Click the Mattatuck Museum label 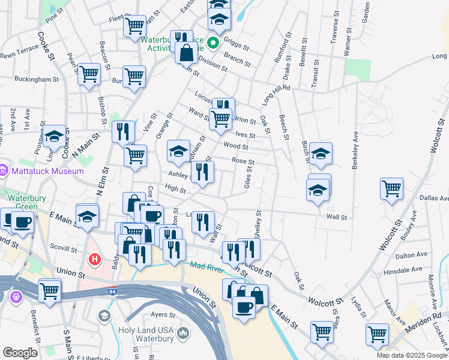(x=47, y=171)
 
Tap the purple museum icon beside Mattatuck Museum (x=4, y=171)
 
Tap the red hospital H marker (x=94, y=260)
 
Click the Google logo (x=20, y=353)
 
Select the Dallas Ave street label (x=435, y=198)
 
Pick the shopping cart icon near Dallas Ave (x=391, y=189)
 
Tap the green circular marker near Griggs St (x=214, y=43)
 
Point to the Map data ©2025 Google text (x=411, y=355)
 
